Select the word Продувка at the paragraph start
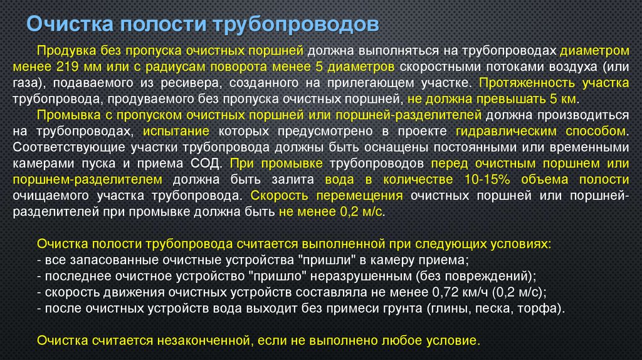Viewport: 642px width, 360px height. [63, 50]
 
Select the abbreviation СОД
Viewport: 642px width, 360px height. [208, 164]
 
